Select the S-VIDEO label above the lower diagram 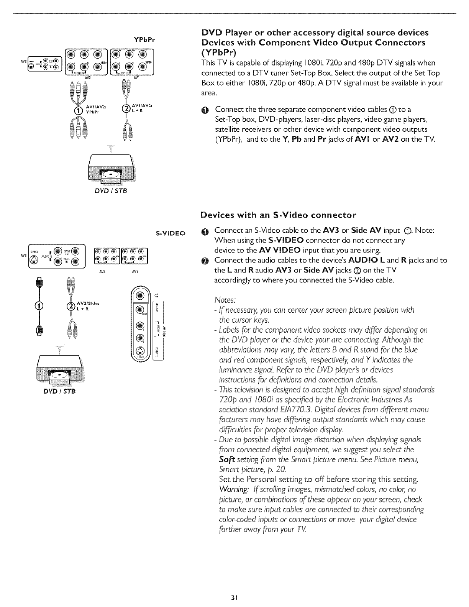coord(171,233)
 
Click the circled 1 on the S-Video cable coord(37,305)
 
